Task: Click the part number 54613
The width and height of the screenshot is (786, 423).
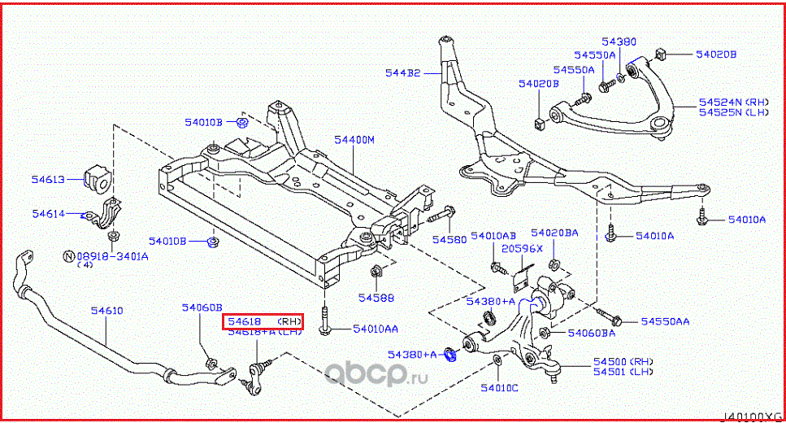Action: (47, 178)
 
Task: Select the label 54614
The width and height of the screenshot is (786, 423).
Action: (48, 214)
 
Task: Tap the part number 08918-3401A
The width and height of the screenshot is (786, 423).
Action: (113, 256)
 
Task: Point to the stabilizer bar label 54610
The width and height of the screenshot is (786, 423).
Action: (106, 311)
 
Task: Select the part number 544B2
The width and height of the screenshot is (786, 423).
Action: (402, 73)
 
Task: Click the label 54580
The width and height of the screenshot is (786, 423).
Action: (449, 240)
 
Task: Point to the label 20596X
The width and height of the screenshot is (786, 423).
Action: (517, 249)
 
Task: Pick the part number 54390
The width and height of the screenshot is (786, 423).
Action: (619, 41)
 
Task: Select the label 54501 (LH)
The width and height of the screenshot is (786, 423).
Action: (623, 372)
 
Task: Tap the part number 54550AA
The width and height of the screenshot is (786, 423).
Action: (665, 322)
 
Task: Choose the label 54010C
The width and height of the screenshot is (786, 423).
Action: (498, 387)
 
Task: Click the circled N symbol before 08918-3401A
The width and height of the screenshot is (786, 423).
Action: (69, 256)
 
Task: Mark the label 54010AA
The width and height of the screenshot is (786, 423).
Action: (376, 329)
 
